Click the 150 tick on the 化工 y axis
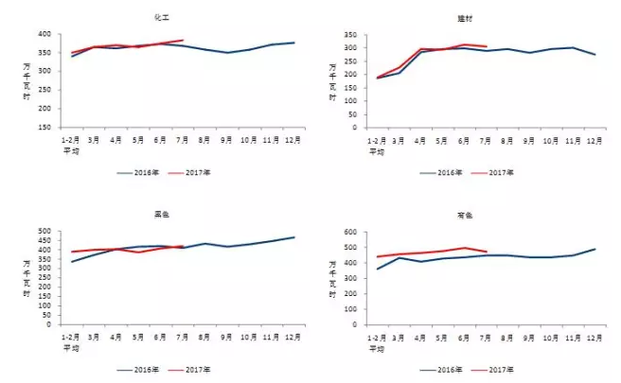44,128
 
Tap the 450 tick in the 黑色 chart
44,240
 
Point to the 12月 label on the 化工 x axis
293,139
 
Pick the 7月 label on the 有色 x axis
485,336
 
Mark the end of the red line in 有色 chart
486,252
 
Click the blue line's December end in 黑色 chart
293,237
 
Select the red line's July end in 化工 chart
183,41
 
